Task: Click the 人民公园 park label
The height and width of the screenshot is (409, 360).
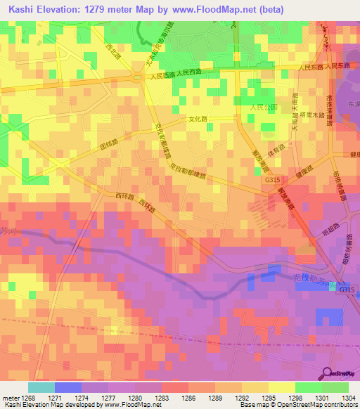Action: (264, 108)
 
